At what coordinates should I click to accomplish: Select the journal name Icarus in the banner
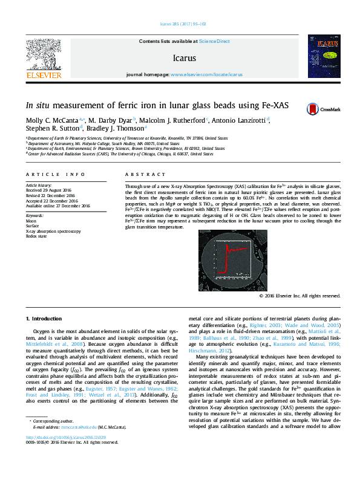pyautogui.click(x=184, y=58)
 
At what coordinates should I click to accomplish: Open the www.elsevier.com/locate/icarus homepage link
pyautogui.click(x=206, y=74)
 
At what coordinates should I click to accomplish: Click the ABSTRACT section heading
pyautogui.click(x=136, y=174)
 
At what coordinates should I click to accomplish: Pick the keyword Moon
pyautogui.click(x=31, y=222)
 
